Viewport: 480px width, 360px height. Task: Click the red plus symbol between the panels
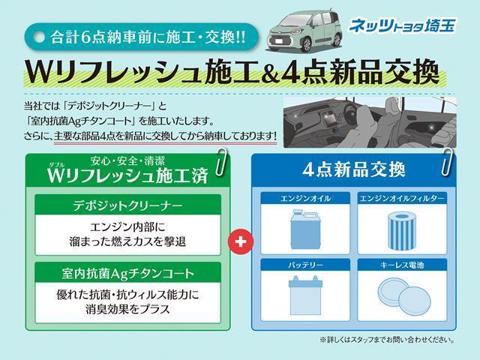[241, 241]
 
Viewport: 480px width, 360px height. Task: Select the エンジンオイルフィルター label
[403, 199]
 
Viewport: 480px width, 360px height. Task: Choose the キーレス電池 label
[403, 265]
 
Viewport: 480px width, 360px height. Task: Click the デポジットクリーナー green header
[127, 204]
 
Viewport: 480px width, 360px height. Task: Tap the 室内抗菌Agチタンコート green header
[127, 271]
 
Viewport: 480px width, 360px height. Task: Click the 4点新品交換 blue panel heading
[353, 169]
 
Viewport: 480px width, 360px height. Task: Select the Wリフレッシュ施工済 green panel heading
[127, 175]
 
